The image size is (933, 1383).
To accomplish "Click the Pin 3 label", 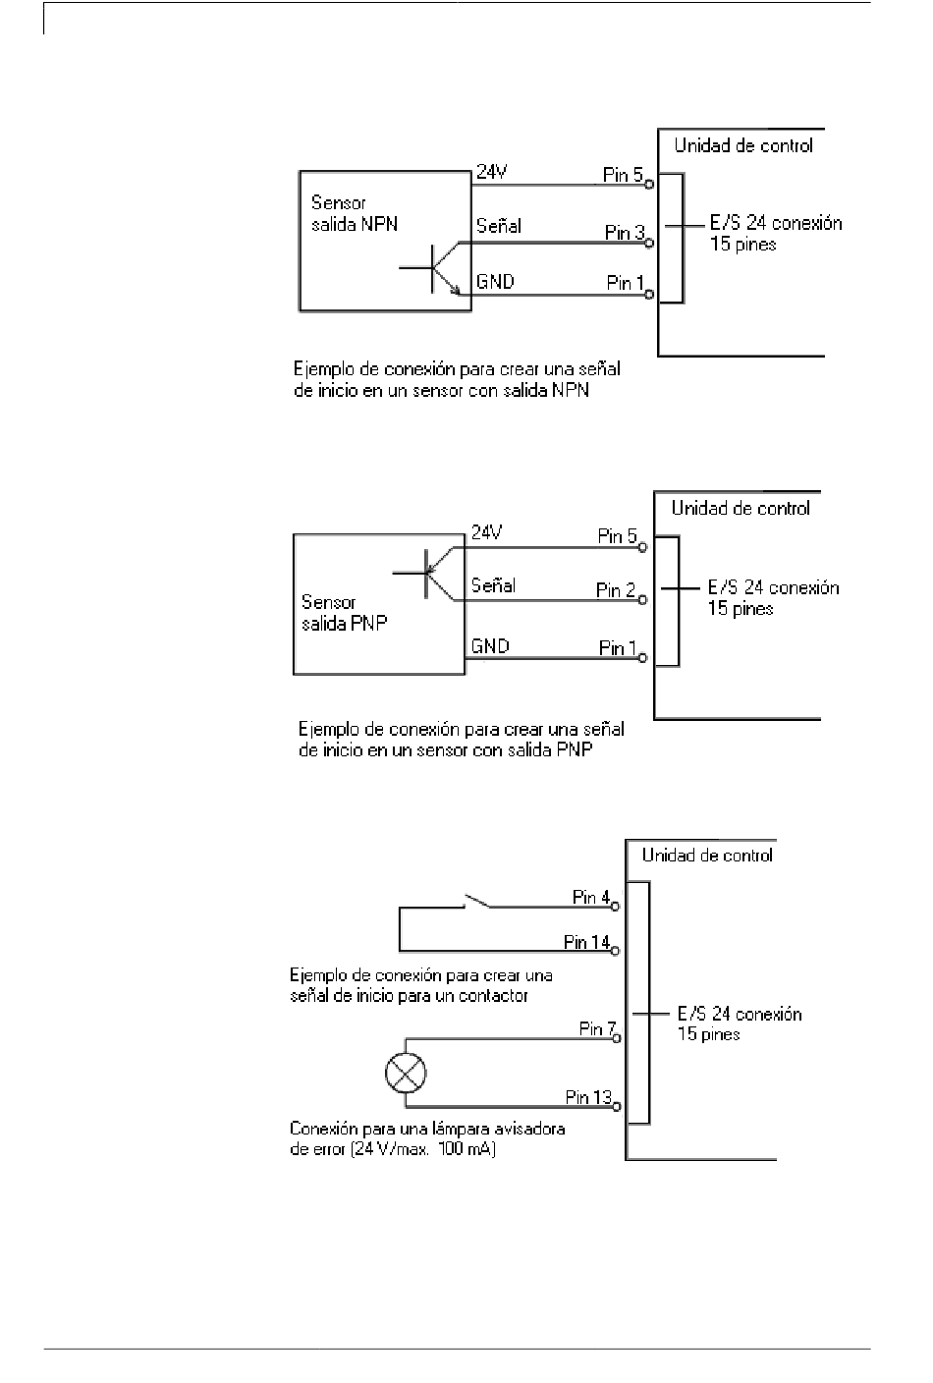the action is (x=625, y=233).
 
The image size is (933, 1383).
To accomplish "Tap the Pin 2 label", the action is (x=616, y=590).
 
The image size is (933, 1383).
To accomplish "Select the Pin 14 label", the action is (x=586, y=942).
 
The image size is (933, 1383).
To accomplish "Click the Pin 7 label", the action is (x=598, y=1028).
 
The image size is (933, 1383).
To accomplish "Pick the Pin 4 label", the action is (x=591, y=897).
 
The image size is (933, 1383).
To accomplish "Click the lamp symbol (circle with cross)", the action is (x=406, y=1073).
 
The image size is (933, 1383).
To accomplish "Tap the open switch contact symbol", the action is (x=476, y=902).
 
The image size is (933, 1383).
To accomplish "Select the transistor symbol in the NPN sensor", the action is (x=435, y=268).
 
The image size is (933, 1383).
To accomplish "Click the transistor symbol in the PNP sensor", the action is (x=429, y=574).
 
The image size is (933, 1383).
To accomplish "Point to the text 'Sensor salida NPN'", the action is (x=355, y=213).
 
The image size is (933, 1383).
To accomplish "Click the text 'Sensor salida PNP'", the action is (x=345, y=613).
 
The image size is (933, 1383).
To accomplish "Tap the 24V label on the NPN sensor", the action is (x=491, y=172).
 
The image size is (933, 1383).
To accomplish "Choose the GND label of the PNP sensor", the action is (x=490, y=645).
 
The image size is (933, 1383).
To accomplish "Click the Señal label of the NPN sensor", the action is (x=499, y=226).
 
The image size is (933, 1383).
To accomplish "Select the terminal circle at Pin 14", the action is (x=615, y=952).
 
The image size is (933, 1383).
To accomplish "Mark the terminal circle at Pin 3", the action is (x=649, y=244).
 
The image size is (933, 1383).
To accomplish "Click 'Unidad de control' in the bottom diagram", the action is (x=708, y=856).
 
